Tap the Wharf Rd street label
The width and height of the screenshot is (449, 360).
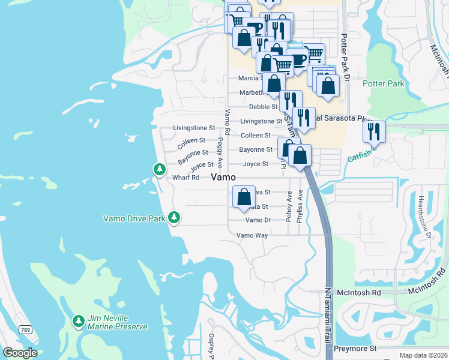185,178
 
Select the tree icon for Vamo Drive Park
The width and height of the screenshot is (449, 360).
174,217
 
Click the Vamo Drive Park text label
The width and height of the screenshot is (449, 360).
134,219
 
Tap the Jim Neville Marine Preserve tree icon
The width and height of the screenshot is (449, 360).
78,322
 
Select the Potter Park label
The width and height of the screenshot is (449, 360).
384,84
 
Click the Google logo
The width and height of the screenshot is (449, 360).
20,353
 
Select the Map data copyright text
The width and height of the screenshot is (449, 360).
423,355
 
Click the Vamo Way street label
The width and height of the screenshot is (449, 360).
252,235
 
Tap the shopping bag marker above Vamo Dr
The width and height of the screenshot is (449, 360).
244,197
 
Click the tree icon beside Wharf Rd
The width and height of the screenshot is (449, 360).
159,170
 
